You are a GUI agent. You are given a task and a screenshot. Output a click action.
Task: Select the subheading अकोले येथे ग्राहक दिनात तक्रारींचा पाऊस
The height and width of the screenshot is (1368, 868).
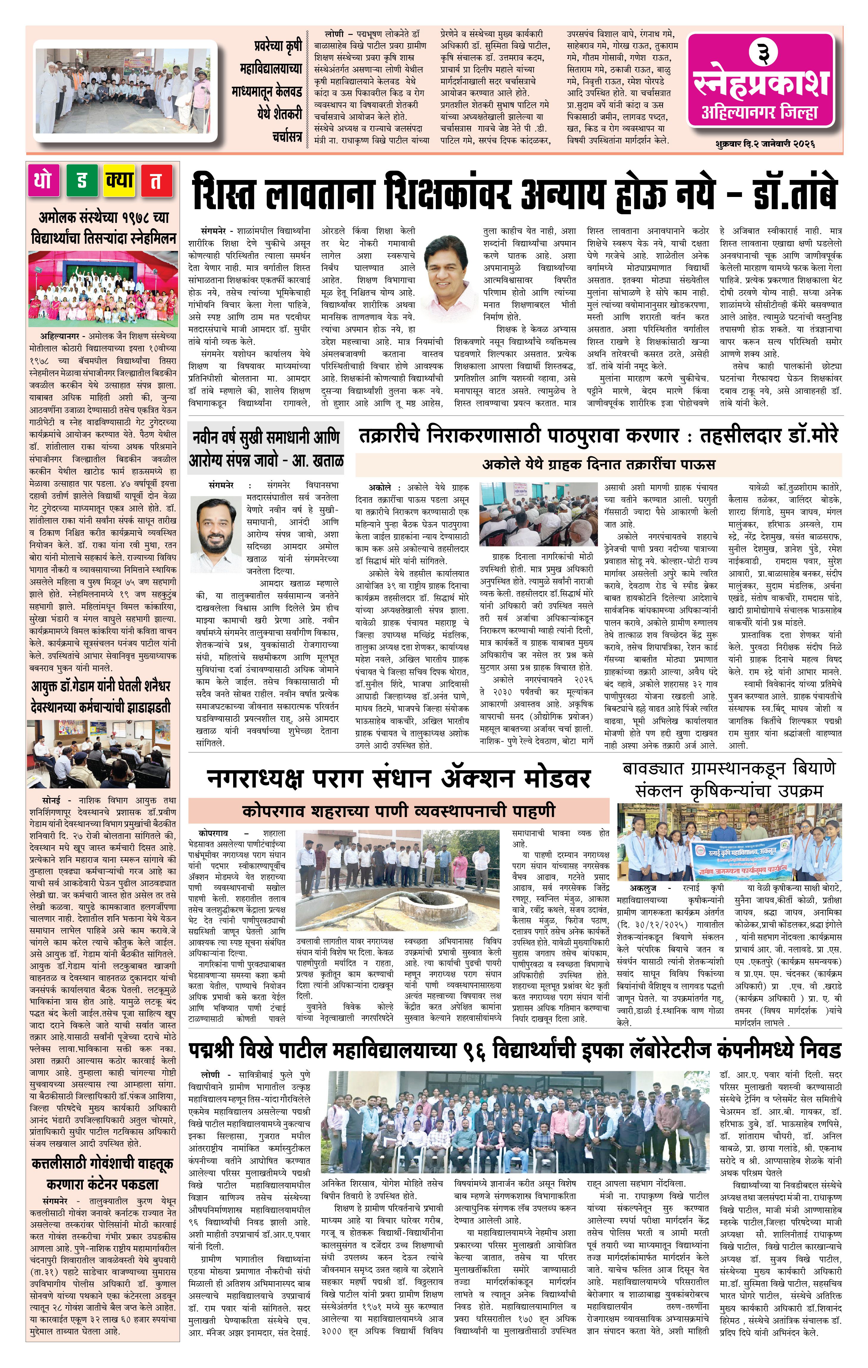pos(598,464)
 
